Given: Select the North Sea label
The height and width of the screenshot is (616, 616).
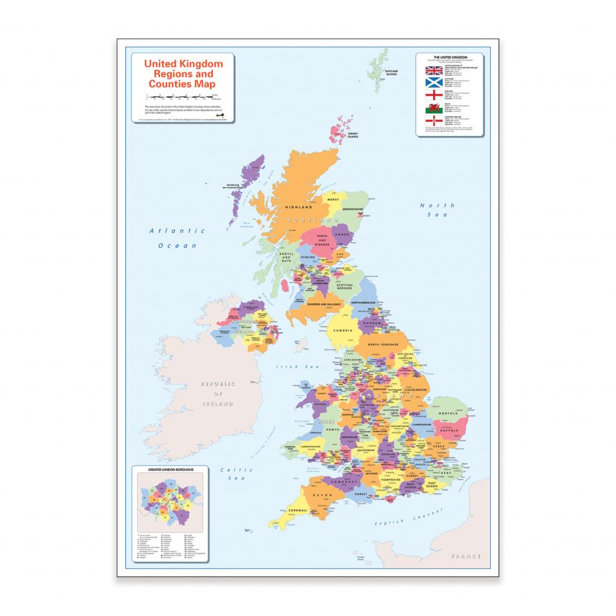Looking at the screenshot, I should click(x=437, y=209).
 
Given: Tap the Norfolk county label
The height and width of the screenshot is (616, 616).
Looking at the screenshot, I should click(x=448, y=413).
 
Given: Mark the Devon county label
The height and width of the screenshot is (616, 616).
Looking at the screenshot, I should click(x=322, y=495).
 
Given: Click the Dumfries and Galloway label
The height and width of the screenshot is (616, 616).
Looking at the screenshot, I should click(x=325, y=305).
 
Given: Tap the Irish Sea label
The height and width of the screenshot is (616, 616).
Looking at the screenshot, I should click(x=289, y=366).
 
